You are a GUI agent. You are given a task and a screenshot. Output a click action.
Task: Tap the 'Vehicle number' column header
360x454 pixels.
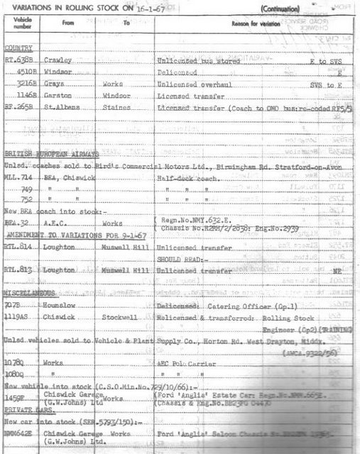tap(20, 23)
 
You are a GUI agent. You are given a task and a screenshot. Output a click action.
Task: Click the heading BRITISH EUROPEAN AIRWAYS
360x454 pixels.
tap(53, 153)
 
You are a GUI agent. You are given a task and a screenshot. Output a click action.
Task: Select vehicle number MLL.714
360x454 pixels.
tap(19, 176)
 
